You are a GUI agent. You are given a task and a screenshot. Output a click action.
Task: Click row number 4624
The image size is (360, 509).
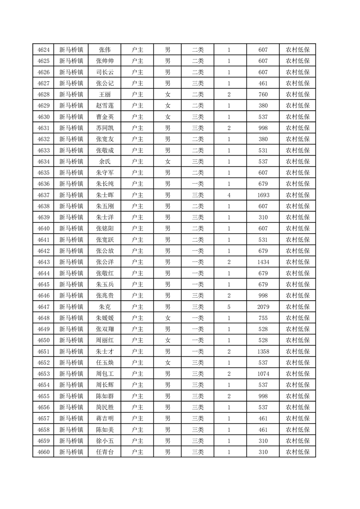[x=44, y=50]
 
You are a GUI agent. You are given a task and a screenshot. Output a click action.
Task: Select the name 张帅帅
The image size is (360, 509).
[x=105, y=61]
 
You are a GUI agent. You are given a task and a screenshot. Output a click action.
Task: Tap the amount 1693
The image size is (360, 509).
[x=263, y=195]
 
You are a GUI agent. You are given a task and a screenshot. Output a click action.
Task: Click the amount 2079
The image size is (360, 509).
[x=263, y=307]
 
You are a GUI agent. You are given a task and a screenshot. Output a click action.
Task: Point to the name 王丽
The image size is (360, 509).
[x=105, y=95]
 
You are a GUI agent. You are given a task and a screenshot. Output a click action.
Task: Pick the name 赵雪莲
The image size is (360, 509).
[x=105, y=106]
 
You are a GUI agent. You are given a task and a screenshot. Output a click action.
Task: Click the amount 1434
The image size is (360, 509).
[x=263, y=262]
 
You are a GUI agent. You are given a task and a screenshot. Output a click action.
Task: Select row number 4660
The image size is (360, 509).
[x=44, y=452]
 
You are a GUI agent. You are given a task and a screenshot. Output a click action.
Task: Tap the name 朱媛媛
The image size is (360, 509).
[x=105, y=318]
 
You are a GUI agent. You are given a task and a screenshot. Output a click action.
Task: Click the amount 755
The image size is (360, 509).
[x=263, y=318]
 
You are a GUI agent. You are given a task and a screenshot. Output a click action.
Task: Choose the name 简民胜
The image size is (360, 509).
[x=105, y=407]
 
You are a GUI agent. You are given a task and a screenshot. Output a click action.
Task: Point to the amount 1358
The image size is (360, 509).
[x=263, y=351]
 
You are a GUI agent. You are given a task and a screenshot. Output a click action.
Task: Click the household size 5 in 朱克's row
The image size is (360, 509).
[x=229, y=307]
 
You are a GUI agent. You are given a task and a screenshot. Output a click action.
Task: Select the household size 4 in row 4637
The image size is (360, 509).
[x=229, y=195]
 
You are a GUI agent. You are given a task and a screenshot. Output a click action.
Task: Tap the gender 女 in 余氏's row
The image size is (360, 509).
[x=168, y=162]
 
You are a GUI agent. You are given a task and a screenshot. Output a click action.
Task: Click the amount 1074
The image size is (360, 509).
[x=263, y=374]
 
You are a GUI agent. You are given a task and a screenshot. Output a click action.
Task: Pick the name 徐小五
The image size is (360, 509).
[x=105, y=440]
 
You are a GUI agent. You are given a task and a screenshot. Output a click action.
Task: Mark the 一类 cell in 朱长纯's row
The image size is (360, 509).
[x=198, y=184]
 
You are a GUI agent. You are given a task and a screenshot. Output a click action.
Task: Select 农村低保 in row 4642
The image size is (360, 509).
[x=297, y=251]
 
